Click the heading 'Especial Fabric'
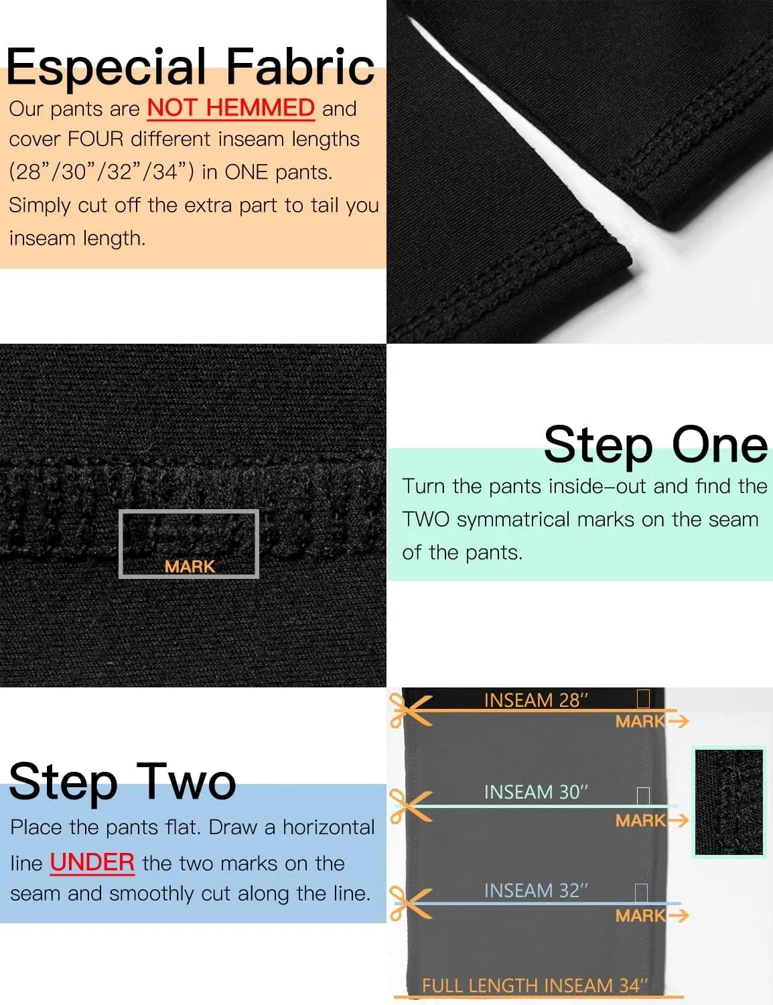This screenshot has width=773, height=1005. [190, 68]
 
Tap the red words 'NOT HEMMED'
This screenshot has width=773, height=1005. [231, 109]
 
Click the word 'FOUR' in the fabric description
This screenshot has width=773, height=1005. [95, 139]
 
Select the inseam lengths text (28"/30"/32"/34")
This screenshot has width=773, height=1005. [101, 172]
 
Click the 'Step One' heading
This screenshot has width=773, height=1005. [656, 444]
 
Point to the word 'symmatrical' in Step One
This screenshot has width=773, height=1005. [513, 519]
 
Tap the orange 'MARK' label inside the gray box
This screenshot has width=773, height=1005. [190, 567]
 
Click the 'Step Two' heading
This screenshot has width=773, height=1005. [123, 781]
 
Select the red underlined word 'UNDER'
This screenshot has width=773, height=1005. [92, 862]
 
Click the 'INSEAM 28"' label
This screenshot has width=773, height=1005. [536, 700]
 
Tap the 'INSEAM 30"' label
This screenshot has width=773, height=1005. [536, 792]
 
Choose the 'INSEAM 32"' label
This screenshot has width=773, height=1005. [536, 890]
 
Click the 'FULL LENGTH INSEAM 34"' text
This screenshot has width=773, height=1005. [535, 986]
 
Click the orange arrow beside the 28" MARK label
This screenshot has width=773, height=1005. [679, 721]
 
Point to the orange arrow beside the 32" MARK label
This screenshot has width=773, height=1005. [679, 915]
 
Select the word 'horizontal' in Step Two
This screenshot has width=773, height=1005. [328, 827]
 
